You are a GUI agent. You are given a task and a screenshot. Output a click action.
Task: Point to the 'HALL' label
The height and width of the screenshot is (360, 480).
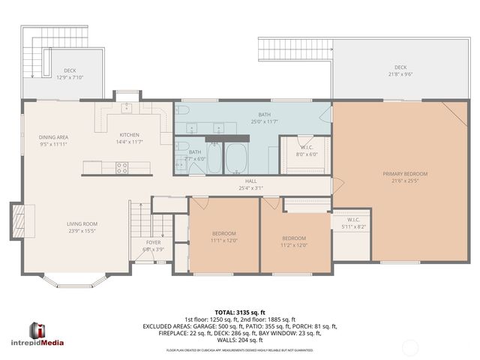251,181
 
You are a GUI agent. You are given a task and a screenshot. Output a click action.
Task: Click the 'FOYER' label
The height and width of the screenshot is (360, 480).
152,243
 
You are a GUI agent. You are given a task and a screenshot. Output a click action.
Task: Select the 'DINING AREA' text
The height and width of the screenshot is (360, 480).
54,137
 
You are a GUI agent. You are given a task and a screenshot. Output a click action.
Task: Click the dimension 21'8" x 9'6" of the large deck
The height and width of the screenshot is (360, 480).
400,74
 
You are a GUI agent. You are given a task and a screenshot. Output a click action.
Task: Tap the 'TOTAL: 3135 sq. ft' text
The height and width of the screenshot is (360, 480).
240,312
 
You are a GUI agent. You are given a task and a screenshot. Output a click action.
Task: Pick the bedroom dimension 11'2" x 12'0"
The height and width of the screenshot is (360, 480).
293,244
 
